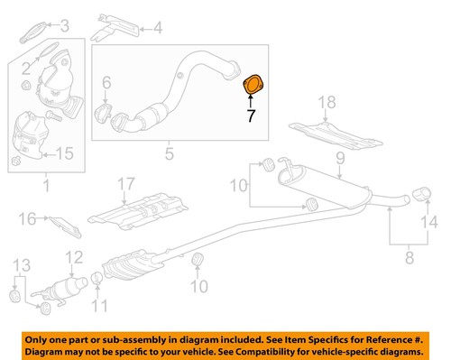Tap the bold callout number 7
[252, 115]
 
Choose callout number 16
[26, 218]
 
